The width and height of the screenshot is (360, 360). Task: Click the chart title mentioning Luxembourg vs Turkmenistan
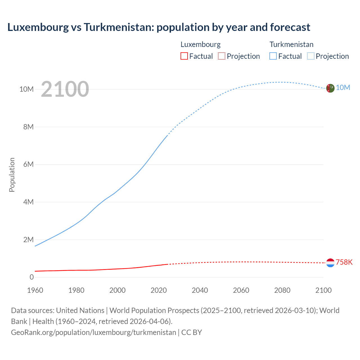(x=159, y=27)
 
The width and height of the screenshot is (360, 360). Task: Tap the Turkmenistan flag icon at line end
(x=330, y=88)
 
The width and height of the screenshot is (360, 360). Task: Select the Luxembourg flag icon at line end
(x=330, y=263)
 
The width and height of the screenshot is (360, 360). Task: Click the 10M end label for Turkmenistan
(x=343, y=88)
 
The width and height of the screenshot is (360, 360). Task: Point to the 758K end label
(x=344, y=262)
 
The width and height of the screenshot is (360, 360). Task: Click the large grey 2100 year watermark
(x=65, y=89)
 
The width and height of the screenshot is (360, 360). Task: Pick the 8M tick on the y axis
(x=28, y=127)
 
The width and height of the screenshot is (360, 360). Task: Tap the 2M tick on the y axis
(x=28, y=240)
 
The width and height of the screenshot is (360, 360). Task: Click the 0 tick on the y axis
(x=31, y=277)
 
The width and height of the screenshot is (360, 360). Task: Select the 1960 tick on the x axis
(x=35, y=290)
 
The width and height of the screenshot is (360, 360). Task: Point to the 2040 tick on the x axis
(x=200, y=290)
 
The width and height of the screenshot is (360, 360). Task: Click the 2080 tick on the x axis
(x=282, y=290)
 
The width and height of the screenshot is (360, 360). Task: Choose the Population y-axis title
(x=12, y=175)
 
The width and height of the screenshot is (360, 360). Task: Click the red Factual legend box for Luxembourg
(x=184, y=56)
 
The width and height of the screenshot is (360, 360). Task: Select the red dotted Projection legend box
(x=222, y=56)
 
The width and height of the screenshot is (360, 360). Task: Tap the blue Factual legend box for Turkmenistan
(x=273, y=56)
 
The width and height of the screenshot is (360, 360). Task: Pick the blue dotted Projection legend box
(x=310, y=56)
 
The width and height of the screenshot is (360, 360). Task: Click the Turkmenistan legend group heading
(x=291, y=44)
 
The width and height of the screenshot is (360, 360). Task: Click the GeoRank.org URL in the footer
(x=93, y=332)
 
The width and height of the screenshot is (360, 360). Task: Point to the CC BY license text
(x=192, y=332)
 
